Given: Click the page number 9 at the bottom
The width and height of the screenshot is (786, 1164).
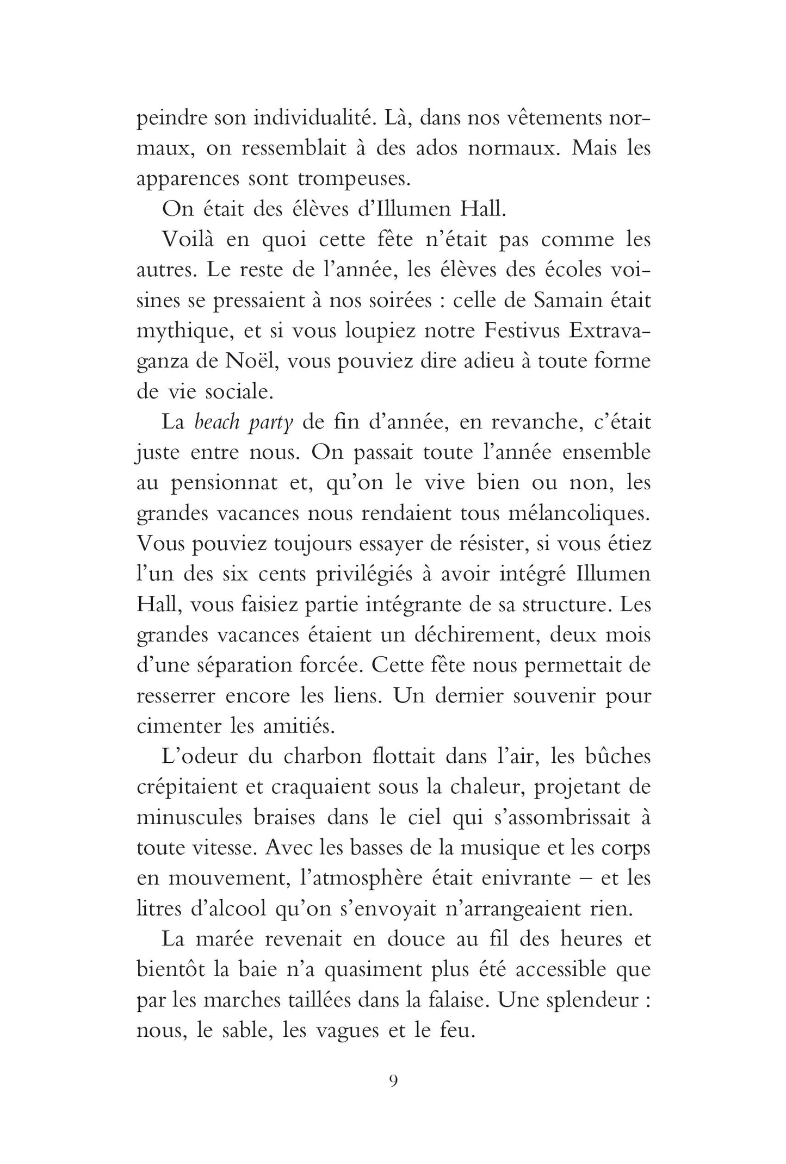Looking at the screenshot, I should (393, 1081).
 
